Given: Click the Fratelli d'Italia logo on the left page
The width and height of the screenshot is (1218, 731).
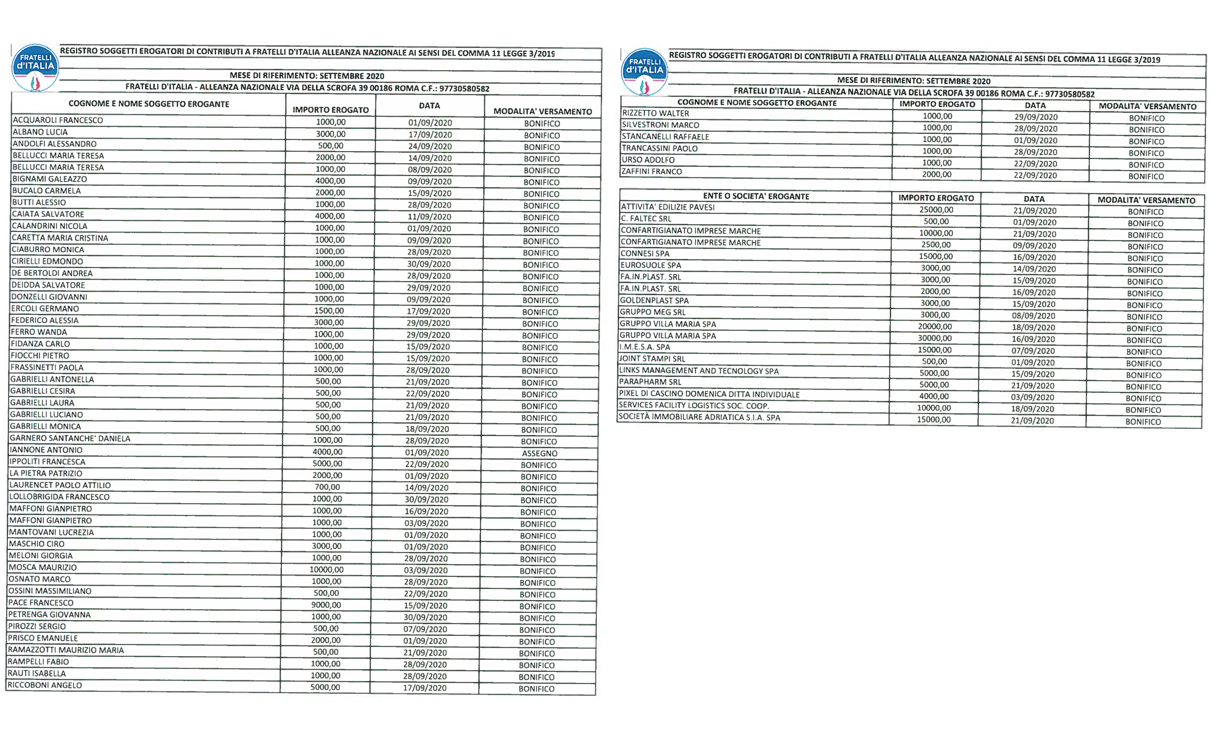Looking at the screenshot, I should click(35, 68).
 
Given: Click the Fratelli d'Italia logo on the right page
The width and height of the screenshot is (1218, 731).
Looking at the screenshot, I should click(645, 72).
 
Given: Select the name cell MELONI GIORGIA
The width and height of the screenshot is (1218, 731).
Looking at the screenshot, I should click(41, 556).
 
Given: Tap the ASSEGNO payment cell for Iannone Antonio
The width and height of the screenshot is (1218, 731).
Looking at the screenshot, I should click(540, 453).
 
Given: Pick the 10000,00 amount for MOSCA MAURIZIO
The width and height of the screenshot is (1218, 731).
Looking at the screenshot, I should click(326, 570).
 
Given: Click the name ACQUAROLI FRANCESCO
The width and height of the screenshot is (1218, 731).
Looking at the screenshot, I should click(58, 120).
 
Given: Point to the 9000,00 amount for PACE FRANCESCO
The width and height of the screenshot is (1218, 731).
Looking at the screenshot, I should click(326, 605).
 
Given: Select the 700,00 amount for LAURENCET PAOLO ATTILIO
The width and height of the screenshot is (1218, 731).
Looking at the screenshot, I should click(328, 487).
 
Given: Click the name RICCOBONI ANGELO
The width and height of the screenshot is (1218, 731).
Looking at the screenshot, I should click(45, 685).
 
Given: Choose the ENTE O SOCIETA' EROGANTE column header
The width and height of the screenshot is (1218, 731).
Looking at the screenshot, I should click(756, 196).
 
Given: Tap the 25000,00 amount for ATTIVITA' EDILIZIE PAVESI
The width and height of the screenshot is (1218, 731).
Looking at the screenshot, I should click(936, 210).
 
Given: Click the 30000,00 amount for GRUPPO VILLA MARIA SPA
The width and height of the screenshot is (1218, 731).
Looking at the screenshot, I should click(935, 338).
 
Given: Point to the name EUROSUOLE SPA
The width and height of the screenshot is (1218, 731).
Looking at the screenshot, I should click(650, 265).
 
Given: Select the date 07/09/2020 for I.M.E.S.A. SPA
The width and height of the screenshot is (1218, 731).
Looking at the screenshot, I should click(1033, 351).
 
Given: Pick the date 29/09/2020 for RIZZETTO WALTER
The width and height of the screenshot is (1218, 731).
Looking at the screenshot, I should click(1036, 117).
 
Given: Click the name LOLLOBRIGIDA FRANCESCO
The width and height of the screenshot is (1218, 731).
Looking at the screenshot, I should click(60, 496).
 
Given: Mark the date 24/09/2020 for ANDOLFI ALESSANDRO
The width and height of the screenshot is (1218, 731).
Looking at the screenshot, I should click(430, 146).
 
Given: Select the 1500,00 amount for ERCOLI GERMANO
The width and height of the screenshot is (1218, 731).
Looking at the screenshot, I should click(329, 311).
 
